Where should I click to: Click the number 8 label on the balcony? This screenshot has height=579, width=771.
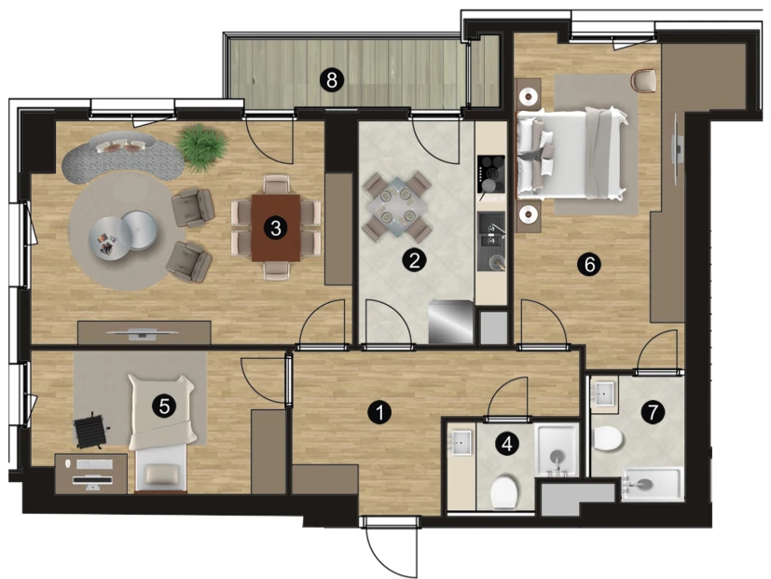click(x=332, y=79)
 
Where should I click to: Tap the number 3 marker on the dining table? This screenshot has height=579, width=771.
click(x=275, y=227)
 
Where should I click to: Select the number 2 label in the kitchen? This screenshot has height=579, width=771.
click(x=414, y=260)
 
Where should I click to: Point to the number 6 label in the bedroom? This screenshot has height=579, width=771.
click(x=589, y=264)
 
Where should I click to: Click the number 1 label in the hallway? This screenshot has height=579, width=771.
click(x=379, y=412)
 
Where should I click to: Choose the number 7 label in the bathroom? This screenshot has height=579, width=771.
click(x=653, y=412)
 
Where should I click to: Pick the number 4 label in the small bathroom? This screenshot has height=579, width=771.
click(x=507, y=444)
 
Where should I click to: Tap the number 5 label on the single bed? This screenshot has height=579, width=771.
click(x=164, y=407)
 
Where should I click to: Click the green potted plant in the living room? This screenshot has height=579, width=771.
click(x=202, y=147)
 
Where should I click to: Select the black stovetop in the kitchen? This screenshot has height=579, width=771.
click(x=490, y=174)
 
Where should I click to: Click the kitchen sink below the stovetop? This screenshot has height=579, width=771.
click(x=490, y=241)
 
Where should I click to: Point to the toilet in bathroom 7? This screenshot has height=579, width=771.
click(x=608, y=438)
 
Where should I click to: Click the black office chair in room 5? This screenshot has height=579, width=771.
click(x=91, y=432)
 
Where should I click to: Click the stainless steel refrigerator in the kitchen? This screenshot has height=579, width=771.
click(x=450, y=323)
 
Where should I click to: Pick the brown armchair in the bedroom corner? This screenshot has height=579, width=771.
click(x=644, y=80)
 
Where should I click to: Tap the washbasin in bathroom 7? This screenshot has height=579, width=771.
click(x=603, y=393)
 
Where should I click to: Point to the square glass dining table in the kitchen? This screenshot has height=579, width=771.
click(x=396, y=207)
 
